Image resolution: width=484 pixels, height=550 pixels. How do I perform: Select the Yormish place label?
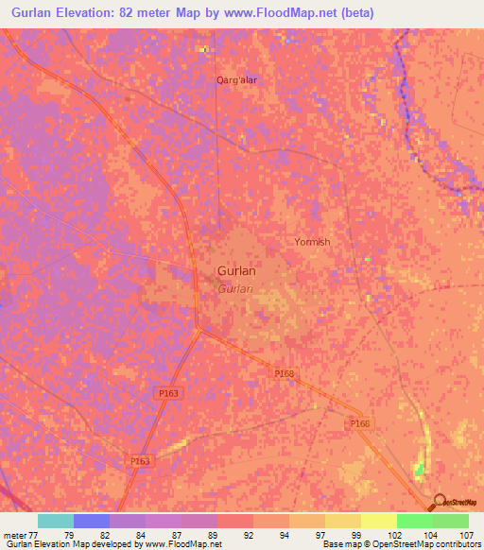[312, 242]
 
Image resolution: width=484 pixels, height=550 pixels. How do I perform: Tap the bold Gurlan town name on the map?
[236, 271]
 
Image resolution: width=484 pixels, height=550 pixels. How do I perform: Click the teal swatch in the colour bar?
[56, 521]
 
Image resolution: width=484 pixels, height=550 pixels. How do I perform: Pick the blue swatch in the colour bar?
[92, 521]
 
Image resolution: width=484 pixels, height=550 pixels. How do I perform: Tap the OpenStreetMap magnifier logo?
[438, 502]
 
